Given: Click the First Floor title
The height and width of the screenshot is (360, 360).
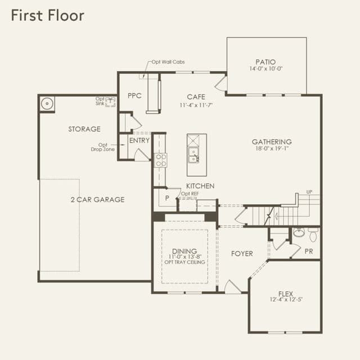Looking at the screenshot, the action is pos(47,16).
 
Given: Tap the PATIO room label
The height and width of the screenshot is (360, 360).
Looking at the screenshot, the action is pos(265,62).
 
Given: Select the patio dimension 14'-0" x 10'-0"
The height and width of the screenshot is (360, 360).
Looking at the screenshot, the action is pos(266,69).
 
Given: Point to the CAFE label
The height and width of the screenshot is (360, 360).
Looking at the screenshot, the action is pos(196,97).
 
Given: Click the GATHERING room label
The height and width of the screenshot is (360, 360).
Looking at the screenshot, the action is pos(272,142).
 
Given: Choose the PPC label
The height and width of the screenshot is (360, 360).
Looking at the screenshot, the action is pos(134,96).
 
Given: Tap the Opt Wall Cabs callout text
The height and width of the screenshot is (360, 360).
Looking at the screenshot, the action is pos(168,62).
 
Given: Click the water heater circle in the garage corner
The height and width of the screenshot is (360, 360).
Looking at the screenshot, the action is pos(47,103).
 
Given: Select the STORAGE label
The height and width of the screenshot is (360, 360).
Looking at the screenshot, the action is pos(84,129).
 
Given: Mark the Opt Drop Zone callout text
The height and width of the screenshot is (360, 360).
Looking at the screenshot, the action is pos(102,147).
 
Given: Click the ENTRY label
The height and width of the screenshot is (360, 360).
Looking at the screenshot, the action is pos(139,140).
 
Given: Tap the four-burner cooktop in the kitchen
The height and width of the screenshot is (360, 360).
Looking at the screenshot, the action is pos(161,160).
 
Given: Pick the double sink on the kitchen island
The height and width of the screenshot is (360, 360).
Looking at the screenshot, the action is pos(193,155).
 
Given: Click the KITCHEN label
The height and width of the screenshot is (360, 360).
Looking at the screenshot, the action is pos(200,186).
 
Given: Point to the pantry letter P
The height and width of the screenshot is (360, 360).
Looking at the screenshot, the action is pos(167,198).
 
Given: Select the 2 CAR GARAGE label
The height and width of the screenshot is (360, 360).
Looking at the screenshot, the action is pos(97,200).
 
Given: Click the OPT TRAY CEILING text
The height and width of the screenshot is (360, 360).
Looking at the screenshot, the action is pos(185,262).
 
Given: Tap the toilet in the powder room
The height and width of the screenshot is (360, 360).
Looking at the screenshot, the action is pos(313,234).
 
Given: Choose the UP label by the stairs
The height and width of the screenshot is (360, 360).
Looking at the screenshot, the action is pos(309,192).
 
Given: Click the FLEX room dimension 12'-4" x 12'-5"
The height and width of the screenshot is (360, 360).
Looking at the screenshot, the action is pos(286,300).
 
